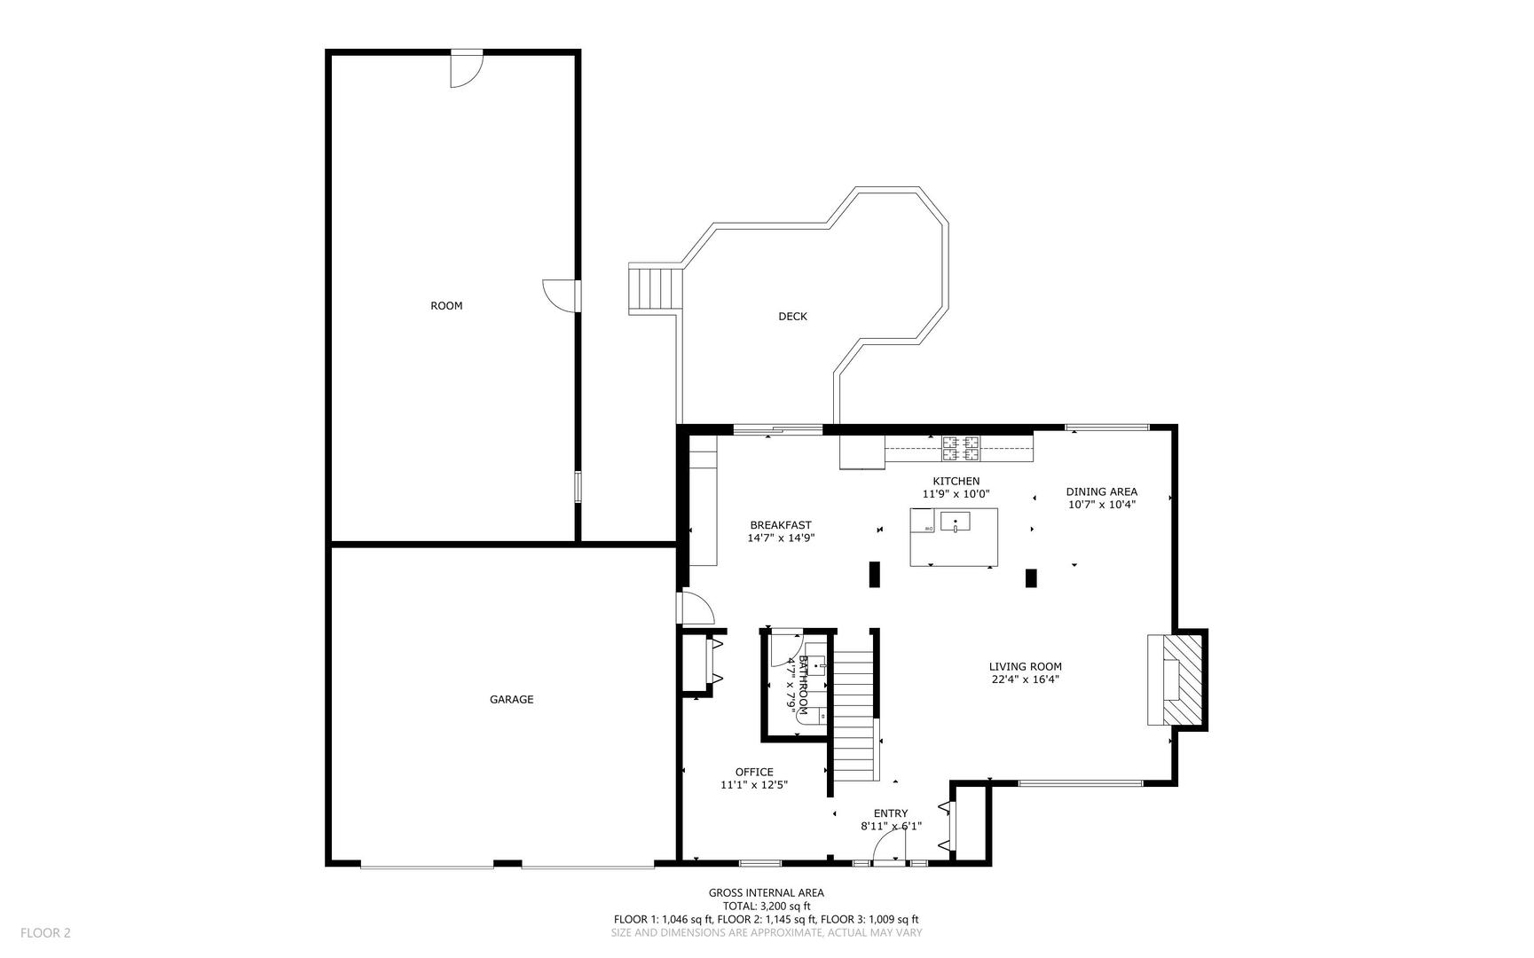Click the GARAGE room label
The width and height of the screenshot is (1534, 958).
pyautogui.click(x=511, y=700)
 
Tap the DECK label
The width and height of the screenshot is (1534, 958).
pyautogui.click(x=792, y=317)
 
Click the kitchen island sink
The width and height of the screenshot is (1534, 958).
pyautogui.click(x=956, y=522)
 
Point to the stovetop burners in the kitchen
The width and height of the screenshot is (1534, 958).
pyautogui.click(x=961, y=449)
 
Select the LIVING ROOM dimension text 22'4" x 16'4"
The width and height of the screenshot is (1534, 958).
pyautogui.click(x=1025, y=680)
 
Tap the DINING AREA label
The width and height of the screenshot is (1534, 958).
pyautogui.click(x=1101, y=491)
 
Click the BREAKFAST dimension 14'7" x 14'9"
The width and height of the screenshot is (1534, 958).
pyautogui.click(x=781, y=538)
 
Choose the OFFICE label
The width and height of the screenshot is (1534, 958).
pyautogui.click(x=753, y=772)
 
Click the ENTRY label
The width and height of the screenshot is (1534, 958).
pyautogui.click(x=890, y=813)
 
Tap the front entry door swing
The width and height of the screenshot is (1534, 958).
pyautogui.click(x=890, y=850)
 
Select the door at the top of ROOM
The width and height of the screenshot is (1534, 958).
pyautogui.click(x=465, y=69)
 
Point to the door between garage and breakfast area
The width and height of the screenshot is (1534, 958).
pyautogui.click(x=696, y=609)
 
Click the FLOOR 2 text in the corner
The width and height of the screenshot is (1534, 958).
pyautogui.click(x=45, y=932)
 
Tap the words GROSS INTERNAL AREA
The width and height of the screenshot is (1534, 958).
pyautogui.click(x=766, y=893)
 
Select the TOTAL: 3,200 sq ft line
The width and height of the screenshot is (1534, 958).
pyautogui.click(x=766, y=907)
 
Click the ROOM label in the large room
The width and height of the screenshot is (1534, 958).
pyautogui.click(x=446, y=306)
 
